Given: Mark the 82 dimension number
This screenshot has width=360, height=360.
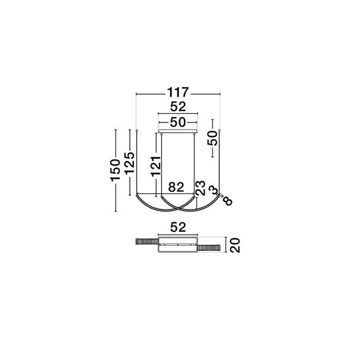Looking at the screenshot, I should (177, 187).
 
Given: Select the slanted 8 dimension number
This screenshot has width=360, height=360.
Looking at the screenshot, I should (227, 201).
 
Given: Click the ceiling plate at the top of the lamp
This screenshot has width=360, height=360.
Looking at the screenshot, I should (178, 131).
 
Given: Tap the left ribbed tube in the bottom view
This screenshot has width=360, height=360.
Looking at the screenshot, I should (147, 243).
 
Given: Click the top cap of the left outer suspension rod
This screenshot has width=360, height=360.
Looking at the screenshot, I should (138, 129).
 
